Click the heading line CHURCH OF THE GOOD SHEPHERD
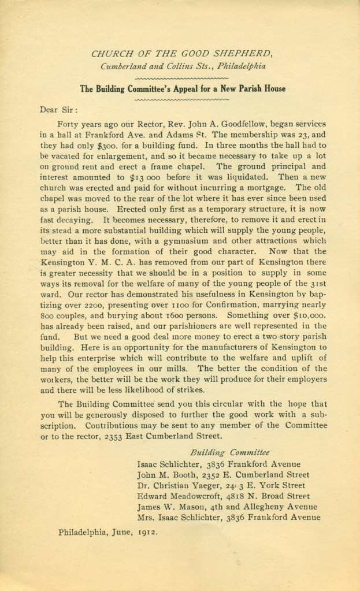pos(182,54)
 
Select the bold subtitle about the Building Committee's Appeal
pos(182,88)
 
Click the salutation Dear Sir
pos(58,109)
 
